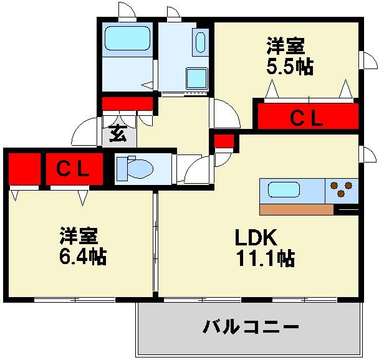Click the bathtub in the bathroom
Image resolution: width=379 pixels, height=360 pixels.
point(128,39)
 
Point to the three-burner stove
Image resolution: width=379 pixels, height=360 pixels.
point(341,189)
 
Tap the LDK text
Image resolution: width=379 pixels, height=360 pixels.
point(255,238)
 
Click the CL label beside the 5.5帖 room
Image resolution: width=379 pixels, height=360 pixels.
point(308,117)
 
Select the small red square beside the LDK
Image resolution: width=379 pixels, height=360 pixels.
point(223,141)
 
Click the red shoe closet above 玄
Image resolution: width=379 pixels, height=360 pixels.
point(128,103)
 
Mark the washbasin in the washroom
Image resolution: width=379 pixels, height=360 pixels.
point(200,42)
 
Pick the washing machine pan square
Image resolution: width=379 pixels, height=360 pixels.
point(197,78)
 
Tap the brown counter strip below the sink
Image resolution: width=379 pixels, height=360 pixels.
point(296,209)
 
